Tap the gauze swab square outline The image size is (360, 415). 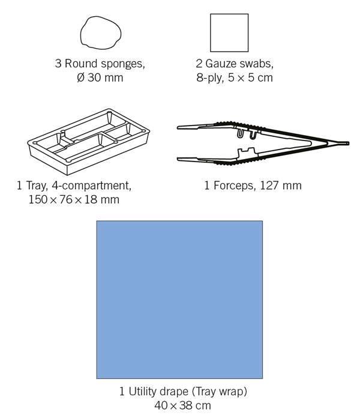211,33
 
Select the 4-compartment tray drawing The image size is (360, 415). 88,142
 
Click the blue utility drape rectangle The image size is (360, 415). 179,300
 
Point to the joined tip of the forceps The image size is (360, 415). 348,144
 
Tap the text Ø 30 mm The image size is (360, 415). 100,78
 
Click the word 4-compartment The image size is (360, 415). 91,186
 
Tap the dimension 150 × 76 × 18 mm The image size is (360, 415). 74,199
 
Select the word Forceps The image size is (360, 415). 235,186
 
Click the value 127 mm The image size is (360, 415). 281,186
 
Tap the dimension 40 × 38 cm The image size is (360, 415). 182,405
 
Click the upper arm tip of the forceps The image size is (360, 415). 178,127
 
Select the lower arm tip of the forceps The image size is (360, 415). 178,159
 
